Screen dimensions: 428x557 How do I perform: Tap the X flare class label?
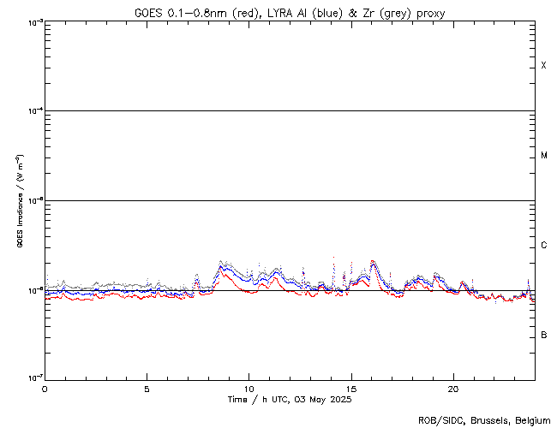[x=544, y=66]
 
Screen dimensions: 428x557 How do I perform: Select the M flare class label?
[x=544, y=156]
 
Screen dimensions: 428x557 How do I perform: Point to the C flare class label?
[x=544, y=246]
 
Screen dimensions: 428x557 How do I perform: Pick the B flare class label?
[x=544, y=335]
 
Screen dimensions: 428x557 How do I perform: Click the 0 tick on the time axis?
[x=45, y=388]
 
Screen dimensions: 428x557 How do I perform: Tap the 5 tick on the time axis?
[x=147, y=388]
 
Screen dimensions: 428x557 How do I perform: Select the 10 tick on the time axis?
[x=249, y=388]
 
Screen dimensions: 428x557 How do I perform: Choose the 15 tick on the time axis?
[x=350, y=388]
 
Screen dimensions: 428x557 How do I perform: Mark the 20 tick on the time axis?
[x=452, y=388]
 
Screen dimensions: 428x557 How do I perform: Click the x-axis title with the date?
[x=289, y=400]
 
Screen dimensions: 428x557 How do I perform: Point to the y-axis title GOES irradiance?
[x=19, y=201]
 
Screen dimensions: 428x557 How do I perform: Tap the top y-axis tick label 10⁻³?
[x=33, y=22]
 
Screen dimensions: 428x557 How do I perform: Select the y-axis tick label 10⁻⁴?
[x=33, y=111]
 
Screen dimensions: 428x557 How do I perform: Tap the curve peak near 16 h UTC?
[x=372, y=261]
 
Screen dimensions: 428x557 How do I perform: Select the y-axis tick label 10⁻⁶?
[x=33, y=290]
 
